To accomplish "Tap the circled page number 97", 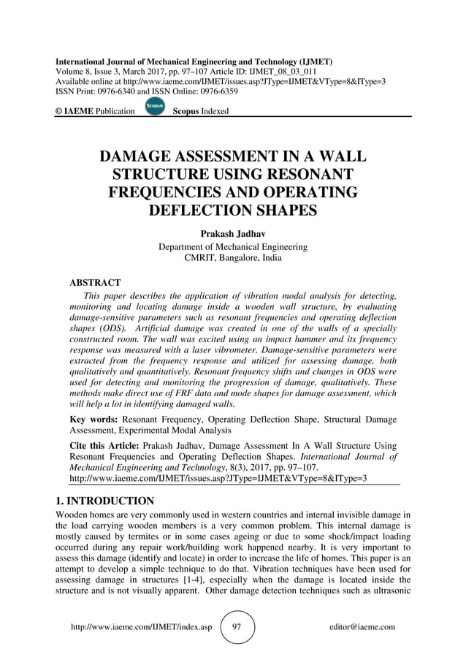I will (x=237, y=626).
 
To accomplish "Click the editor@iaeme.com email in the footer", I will (x=362, y=626).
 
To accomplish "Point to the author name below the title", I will (x=233, y=234).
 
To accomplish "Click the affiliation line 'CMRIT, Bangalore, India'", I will (x=233, y=258).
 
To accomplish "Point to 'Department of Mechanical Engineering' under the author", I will (x=233, y=246).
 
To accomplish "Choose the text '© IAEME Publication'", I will (x=95, y=111).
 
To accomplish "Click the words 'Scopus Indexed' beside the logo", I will (x=200, y=111).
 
